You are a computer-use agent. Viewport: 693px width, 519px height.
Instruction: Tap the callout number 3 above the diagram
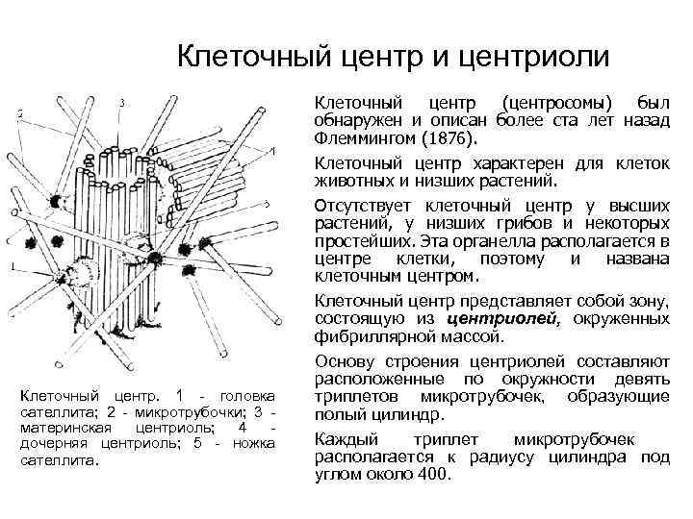[x=121, y=102]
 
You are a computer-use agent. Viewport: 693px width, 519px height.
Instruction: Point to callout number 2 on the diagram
[x=20, y=113]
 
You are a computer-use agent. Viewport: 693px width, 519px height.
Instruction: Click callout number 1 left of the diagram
[x=13, y=267]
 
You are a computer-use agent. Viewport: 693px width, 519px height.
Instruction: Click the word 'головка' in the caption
[x=248, y=396]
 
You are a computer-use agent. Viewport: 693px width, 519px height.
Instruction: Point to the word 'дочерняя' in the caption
[x=53, y=443]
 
